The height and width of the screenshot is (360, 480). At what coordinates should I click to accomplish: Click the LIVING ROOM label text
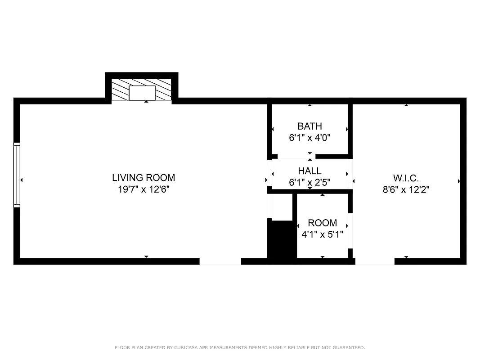tap(144, 178)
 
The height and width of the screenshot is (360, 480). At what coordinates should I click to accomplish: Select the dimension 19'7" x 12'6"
tap(144, 189)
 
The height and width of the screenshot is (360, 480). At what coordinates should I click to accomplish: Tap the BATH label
tap(310, 126)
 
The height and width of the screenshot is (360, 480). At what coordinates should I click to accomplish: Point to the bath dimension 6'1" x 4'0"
tap(310, 138)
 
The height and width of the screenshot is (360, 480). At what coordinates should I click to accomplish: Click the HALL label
tap(310, 171)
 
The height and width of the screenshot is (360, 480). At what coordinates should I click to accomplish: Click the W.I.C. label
tap(406, 178)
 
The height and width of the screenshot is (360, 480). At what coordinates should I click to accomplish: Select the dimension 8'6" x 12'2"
tap(406, 190)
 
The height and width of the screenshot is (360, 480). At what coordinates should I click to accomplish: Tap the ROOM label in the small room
tap(322, 223)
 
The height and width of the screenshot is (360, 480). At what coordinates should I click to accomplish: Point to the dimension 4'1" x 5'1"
tap(322, 234)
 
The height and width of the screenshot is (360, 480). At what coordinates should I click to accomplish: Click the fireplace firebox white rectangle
tap(142, 93)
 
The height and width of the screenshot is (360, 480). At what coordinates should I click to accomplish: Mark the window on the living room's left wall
tap(17, 175)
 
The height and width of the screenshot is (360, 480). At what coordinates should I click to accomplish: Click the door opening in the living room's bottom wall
tap(220, 261)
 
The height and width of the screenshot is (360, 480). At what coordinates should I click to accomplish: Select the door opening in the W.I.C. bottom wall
tap(375, 261)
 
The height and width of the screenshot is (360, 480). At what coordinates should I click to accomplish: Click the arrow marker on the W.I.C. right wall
tap(459, 181)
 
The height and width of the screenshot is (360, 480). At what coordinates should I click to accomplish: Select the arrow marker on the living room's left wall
tap(22, 180)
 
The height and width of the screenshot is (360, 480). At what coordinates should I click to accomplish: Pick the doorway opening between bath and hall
tap(296, 156)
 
